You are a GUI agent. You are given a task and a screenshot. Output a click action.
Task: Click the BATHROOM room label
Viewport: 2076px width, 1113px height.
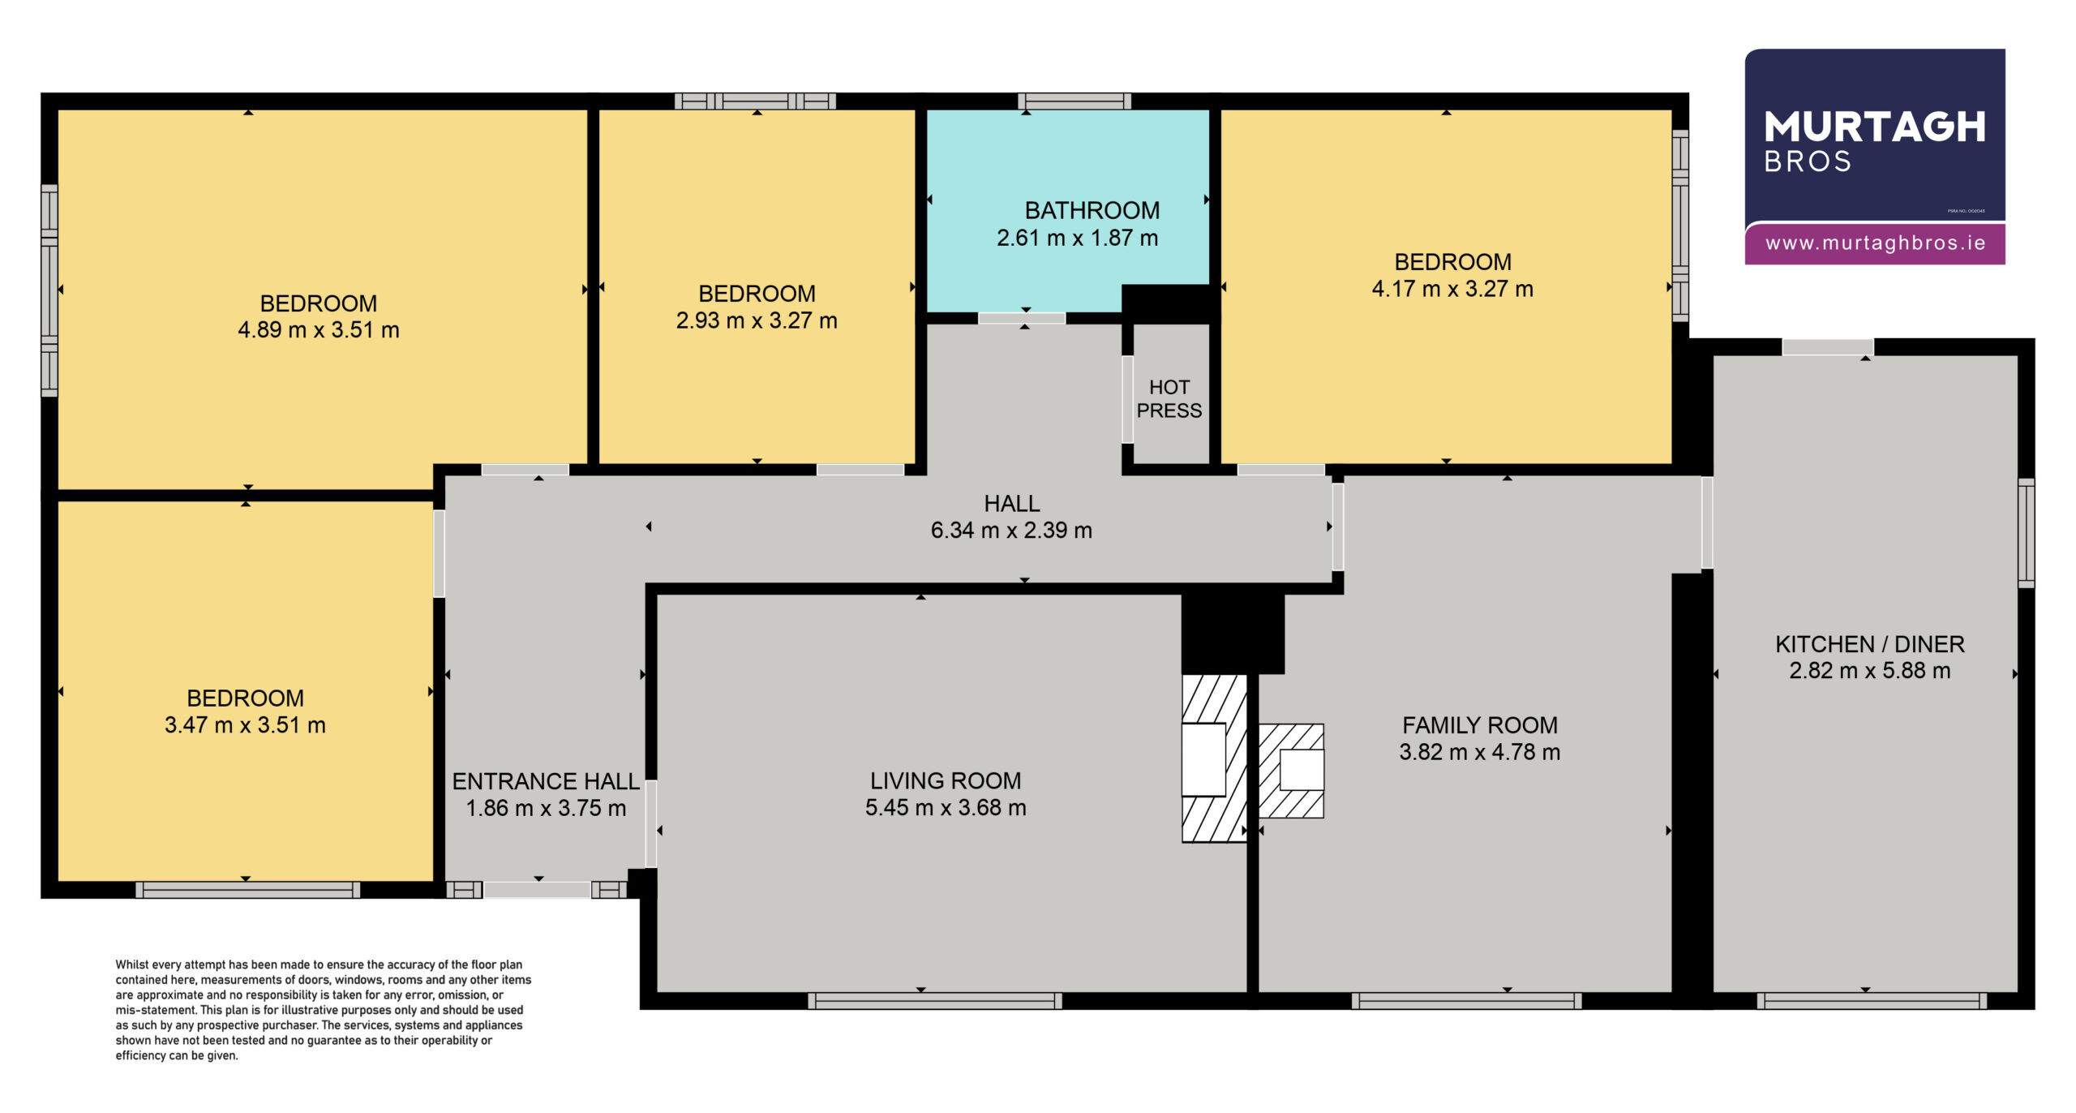click(1092, 211)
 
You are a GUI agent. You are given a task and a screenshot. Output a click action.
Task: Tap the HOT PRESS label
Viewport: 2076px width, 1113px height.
click(1169, 399)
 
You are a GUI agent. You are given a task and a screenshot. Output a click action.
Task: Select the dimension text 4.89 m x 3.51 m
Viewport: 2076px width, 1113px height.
click(319, 330)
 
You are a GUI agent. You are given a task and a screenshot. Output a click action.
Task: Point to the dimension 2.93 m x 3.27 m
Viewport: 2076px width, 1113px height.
click(757, 320)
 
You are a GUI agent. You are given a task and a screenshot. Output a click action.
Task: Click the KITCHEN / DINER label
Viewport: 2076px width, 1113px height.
click(1870, 644)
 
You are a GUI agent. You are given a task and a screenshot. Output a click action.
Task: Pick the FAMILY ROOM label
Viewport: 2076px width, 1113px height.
click(1480, 725)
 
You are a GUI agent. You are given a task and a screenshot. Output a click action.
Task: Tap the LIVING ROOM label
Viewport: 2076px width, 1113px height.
click(946, 781)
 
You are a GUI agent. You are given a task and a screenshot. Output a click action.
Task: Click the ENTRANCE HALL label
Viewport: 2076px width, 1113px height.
click(546, 781)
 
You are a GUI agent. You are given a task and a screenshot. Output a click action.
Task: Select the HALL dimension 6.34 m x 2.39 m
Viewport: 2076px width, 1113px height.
click(1011, 531)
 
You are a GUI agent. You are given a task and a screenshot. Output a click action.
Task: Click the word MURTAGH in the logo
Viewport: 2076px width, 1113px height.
click(1875, 127)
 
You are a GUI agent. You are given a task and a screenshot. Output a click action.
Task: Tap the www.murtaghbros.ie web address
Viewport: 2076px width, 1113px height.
click(1876, 243)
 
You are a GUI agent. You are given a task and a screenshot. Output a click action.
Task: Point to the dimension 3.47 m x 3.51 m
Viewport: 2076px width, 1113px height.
click(245, 725)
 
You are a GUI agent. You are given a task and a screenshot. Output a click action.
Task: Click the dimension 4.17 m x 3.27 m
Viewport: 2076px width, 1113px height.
click(1452, 290)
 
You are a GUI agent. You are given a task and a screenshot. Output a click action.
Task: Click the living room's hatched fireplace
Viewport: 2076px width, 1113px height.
click(1214, 758)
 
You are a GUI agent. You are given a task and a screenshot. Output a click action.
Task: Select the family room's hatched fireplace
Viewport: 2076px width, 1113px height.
click(1291, 771)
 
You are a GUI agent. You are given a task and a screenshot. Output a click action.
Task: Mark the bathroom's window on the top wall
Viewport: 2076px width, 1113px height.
click(1074, 101)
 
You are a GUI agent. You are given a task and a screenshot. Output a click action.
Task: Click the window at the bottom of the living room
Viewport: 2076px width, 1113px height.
click(935, 1001)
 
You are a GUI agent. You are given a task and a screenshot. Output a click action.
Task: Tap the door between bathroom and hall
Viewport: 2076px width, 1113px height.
click(1022, 318)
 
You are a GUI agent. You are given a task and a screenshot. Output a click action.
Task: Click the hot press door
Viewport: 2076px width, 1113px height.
click(1127, 399)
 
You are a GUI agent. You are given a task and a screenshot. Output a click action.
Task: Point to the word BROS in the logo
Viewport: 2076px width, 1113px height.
click(1808, 162)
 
